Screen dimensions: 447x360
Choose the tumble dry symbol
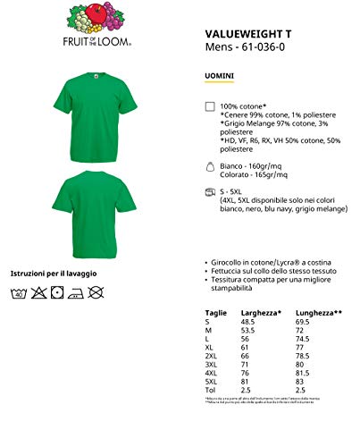(x=58, y=291)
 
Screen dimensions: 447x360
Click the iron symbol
(x=78, y=291)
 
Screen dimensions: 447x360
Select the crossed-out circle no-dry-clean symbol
(x=97, y=291)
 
